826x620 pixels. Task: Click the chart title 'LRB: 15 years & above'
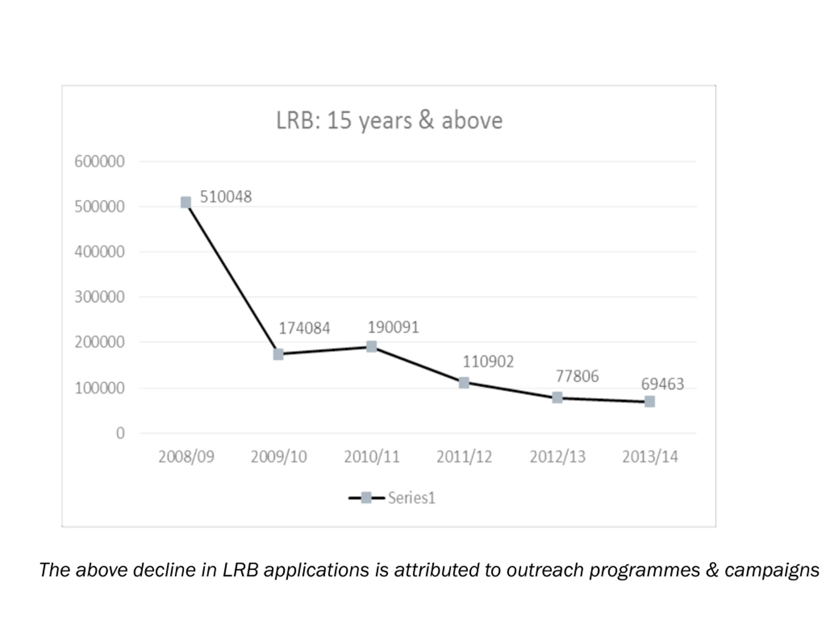click(x=389, y=120)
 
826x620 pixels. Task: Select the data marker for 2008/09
click(x=186, y=202)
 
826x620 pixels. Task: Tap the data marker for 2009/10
click(x=278, y=354)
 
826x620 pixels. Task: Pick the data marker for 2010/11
click(x=371, y=346)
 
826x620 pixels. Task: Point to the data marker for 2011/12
click(x=464, y=382)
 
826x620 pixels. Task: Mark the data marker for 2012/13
click(x=557, y=398)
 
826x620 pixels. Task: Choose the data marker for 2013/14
click(x=650, y=401)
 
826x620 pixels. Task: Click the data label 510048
click(x=226, y=197)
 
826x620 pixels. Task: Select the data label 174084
click(x=304, y=328)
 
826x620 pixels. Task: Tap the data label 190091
click(x=393, y=327)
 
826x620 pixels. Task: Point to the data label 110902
click(x=488, y=361)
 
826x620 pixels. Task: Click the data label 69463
click(x=662, y=384)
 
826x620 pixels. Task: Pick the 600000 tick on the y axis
click(x=99, y=161)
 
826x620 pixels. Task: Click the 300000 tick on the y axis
click(x=99, y=297)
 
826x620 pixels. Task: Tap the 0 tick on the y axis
click(x=120, y=433)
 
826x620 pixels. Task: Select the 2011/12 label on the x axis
click(x=464, y=457)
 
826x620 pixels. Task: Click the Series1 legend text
click(x=411, y=498)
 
